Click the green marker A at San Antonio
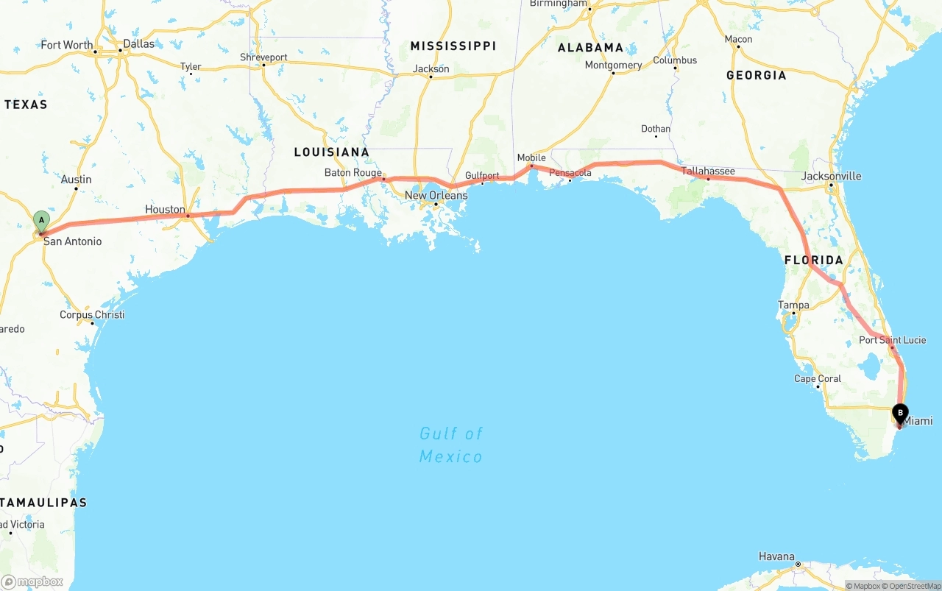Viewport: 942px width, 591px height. [41, 220]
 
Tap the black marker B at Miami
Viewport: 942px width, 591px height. [900, 413]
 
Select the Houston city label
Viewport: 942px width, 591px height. [165, 210]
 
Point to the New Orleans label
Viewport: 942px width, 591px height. [436, 196]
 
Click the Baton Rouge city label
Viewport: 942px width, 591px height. [353, 173]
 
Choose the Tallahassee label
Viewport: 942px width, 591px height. [708, 171]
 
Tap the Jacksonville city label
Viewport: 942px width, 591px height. [831, 177]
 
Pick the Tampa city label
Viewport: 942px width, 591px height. [793, 305]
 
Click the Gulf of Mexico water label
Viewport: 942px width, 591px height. [451, 445]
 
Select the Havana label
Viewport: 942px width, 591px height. [777, 556]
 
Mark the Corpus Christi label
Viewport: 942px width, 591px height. [92, 315]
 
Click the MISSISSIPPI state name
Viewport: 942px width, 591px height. [453, 46]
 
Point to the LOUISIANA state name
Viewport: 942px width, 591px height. [331, 152]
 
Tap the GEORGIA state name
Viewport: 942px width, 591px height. [756, 75]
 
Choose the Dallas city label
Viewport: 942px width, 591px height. [138, 44]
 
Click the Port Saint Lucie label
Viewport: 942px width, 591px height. [892, 340]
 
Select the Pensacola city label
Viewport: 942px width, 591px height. [570, 174]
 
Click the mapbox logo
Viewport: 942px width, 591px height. [32, 582]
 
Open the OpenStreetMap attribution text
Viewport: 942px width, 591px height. [915, 586]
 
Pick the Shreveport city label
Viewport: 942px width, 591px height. [263, 57]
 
